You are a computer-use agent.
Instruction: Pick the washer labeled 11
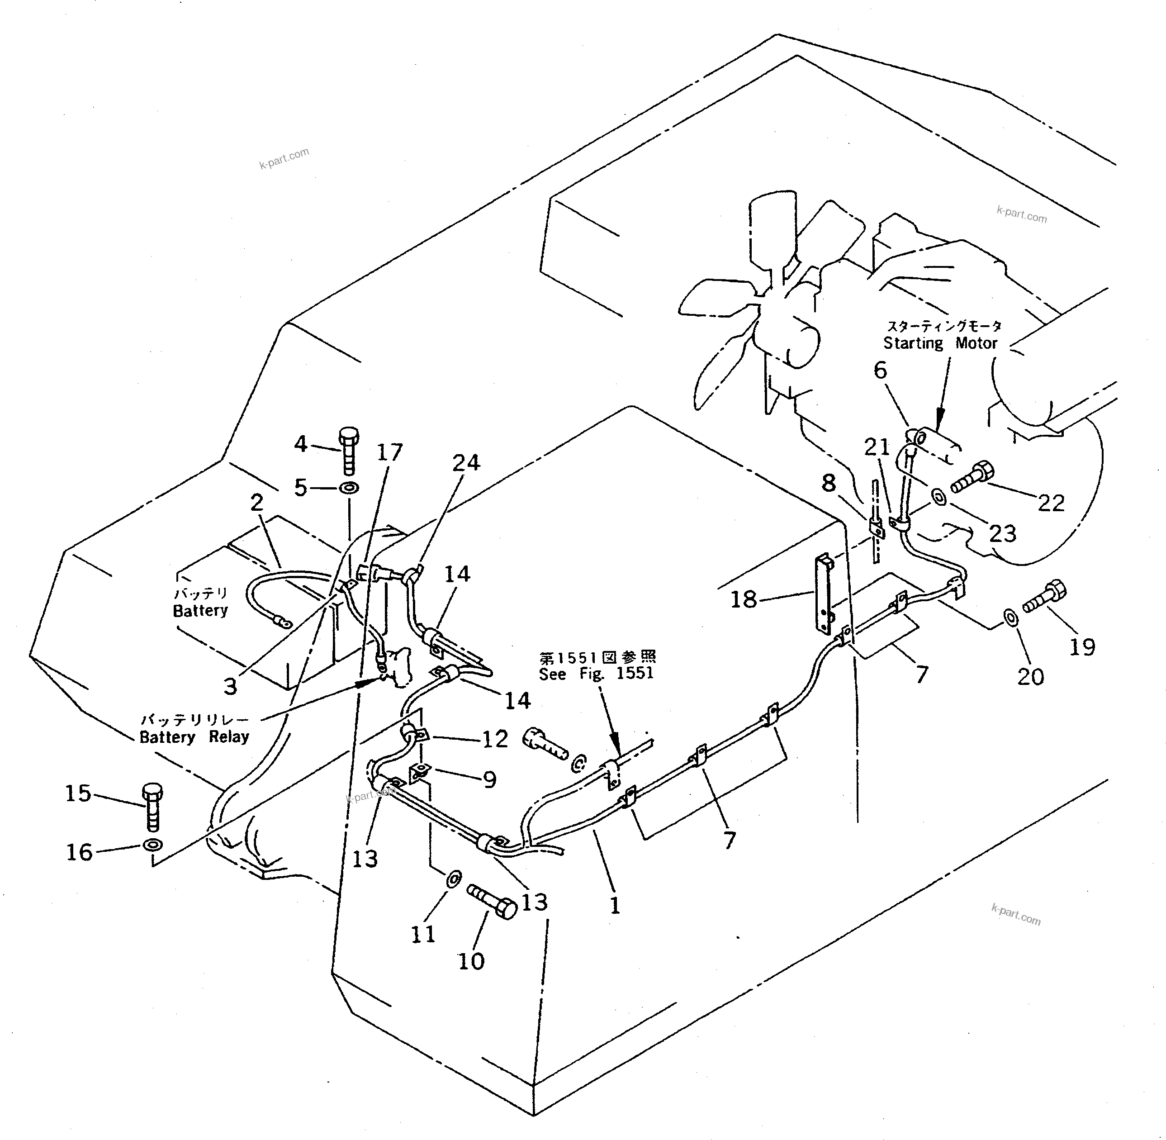pyautogui.click(x=453, y=879)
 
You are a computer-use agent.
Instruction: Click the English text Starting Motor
pyautogui.click(x=940, y=344)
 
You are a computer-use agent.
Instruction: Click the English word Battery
pyautogui.click(x=200, y=611)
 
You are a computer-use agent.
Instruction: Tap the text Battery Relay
pyautogui.click(x=194, y=736)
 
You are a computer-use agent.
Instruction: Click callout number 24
pyautogui.click(x=466, y=463)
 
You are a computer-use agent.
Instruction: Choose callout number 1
pyautogui.click(x=615, y=905)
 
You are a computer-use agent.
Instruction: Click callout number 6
pyautogui.click(x=880, y=370)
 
